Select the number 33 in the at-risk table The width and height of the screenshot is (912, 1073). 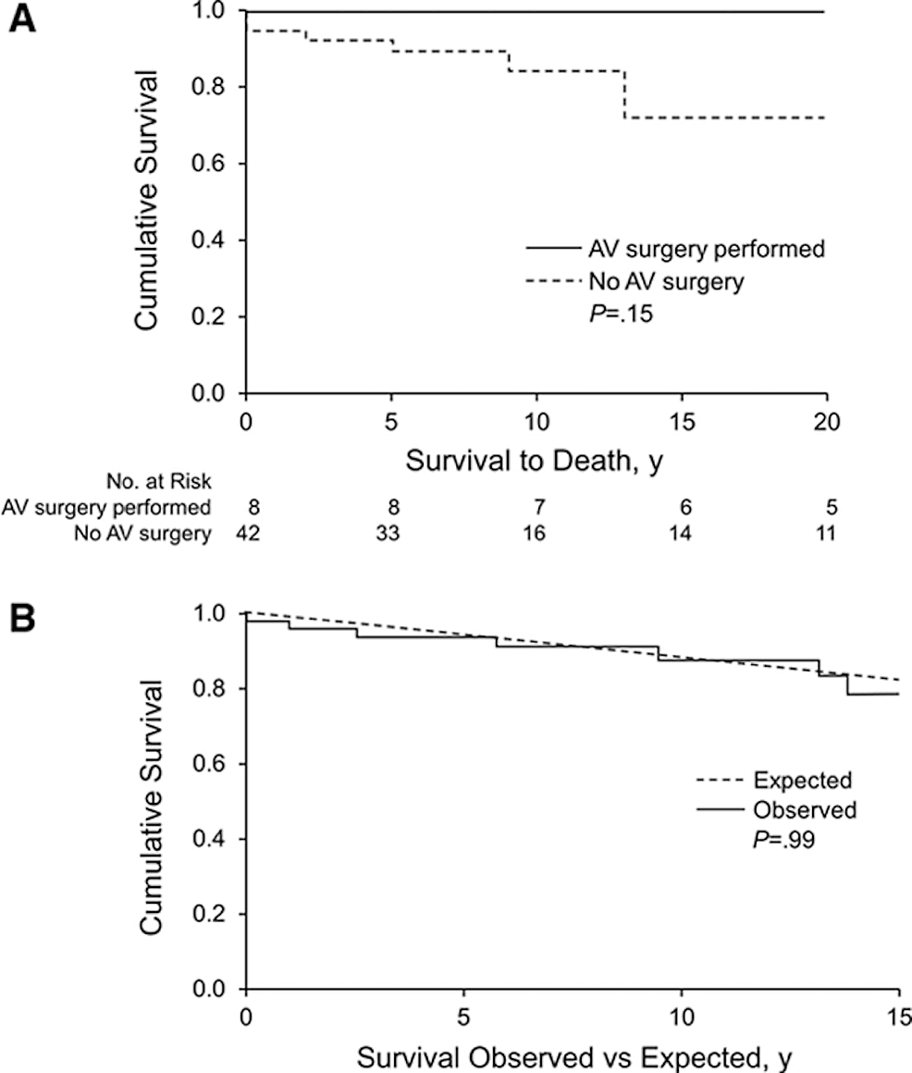(x=391, y=533)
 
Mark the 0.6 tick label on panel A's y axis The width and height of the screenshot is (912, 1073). (x=214, y=164)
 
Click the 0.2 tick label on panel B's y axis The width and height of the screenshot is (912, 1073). (x=214, y=914)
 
